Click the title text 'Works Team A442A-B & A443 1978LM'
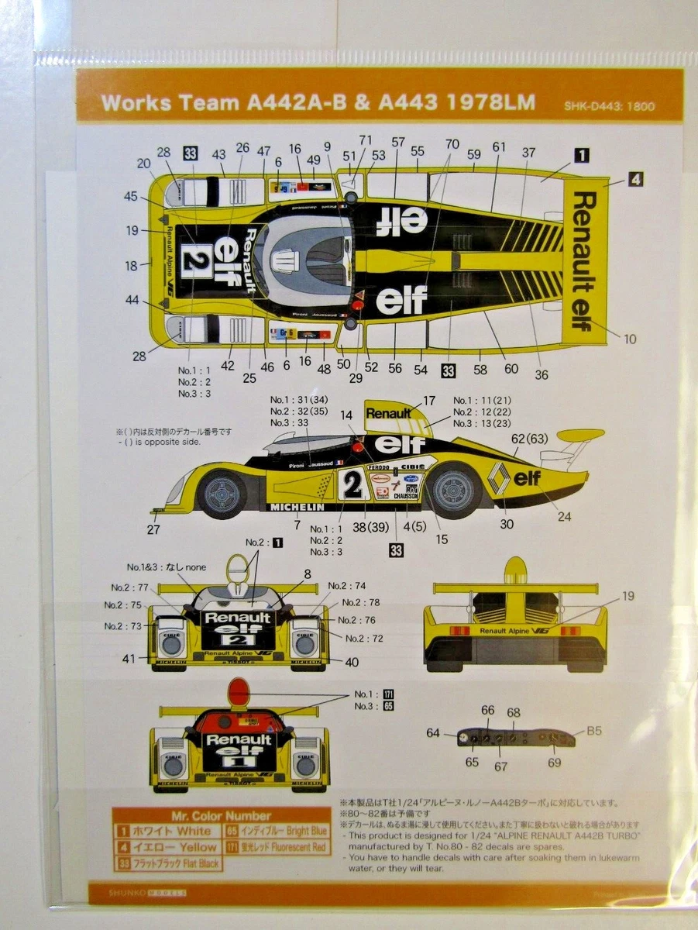318,103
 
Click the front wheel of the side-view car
222,493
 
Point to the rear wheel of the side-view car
453,488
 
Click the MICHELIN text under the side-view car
297,507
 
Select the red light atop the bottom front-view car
239,691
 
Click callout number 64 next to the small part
433,732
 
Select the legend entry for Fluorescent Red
277,848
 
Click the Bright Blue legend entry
277,831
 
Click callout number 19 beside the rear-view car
628,596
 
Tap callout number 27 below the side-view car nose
154,531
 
